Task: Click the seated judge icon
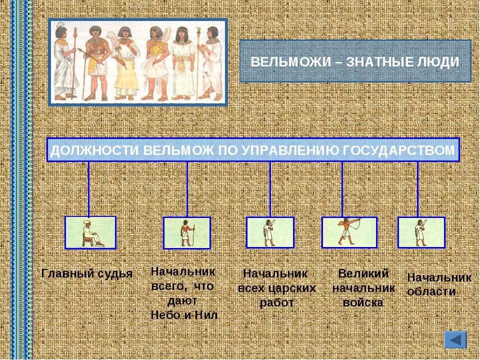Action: pos(90,232)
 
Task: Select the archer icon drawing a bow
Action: pos(348,232)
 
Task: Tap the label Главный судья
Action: pos(87,273)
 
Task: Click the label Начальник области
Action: pos(439,284)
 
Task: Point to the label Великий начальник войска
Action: pos(363,288)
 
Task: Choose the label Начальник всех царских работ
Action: pos(276,288)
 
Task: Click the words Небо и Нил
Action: pos(184,315)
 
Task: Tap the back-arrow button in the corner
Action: pos(455,340)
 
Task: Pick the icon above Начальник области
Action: pos(421,232)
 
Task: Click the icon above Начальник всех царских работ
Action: pos(270,232)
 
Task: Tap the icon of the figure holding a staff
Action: pos(186,232)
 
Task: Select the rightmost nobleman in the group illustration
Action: pos(212,62)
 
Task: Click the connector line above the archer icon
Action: pos(342,189)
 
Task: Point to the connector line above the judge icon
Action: pos(88,189)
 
